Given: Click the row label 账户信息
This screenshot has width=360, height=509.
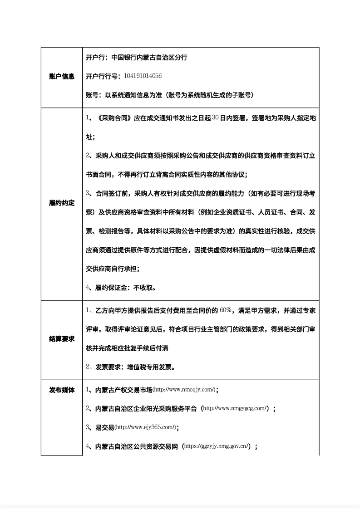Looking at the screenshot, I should [x=61, y=77].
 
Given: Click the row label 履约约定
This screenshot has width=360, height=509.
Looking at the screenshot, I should [x=61, y=203].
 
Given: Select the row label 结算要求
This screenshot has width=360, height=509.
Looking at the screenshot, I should [x=61, y=339].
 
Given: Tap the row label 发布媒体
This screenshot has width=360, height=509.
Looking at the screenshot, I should [x=61, y=390].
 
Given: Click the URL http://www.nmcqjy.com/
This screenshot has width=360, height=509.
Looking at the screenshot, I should [x=184, y=390].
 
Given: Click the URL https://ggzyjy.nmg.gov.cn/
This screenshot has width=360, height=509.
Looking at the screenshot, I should [x=217, y=446].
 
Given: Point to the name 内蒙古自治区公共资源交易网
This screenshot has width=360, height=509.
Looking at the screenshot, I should [x=137, y=446].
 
